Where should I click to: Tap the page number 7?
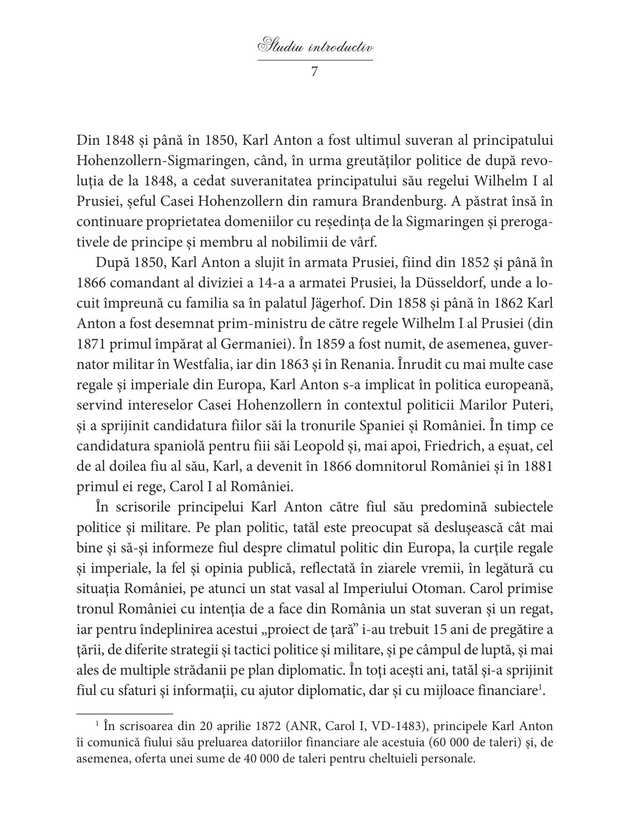(314, 72)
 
